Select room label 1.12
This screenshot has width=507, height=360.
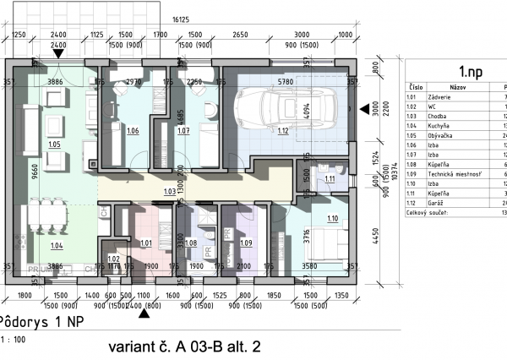[x=282, y=131]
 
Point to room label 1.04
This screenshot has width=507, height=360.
[x=56, y=246]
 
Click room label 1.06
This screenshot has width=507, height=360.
[x=133, y=131]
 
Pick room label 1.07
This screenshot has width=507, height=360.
[x=183, y=131]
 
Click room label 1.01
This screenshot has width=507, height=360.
[x=145, y=243]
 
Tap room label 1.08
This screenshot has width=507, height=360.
[x=191, y=243]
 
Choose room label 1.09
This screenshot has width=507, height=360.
[x=246, y=243]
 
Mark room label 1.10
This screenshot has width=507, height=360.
[x=332, y=219]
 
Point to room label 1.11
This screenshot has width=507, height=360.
[x=330, y=179]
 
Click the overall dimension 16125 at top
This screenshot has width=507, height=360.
[x=180, y=18]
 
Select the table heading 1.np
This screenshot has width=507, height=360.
[x=471, y=72]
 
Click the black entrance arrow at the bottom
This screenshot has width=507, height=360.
[x=144, y=314]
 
